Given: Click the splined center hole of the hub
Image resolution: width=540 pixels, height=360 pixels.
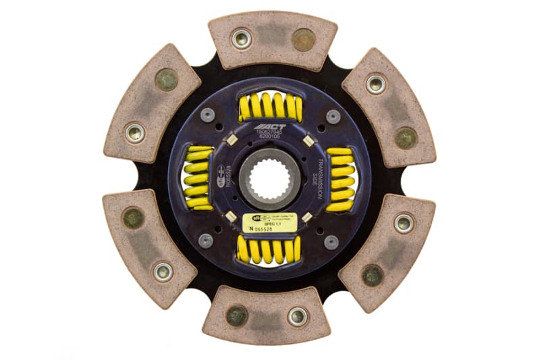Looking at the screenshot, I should (269, 180).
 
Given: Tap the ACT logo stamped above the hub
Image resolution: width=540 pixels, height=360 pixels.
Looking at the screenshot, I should (269, 127).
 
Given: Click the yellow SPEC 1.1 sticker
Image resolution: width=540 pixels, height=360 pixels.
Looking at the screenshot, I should (269, 224).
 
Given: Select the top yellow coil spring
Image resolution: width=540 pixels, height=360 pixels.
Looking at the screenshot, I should (270, 107).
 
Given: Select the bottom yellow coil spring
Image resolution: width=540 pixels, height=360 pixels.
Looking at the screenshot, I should (269, 250).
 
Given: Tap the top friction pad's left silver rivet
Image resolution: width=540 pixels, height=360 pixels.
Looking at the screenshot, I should (241, 38).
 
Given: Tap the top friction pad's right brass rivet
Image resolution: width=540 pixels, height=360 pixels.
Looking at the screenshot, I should (303, 39).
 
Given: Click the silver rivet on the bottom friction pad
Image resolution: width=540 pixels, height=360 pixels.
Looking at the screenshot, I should (298, 315).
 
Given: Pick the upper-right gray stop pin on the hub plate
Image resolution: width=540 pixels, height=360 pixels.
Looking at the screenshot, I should (333, 115).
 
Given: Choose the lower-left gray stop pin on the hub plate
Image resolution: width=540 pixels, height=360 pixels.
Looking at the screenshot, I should (206, 240).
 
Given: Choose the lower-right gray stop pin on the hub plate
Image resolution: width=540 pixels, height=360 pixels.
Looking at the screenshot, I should (331, 241).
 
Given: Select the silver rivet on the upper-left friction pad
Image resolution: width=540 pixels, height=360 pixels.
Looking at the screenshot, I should (135, 132).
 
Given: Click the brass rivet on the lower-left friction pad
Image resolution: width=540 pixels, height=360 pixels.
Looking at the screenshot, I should (133, 217).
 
